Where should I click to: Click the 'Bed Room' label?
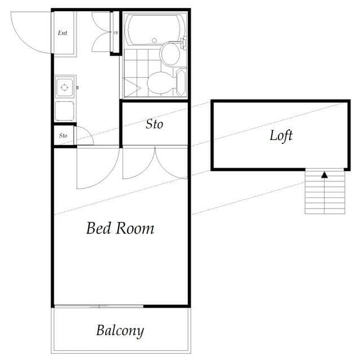120,228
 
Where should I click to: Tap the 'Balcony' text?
120,330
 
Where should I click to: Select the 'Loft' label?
281,136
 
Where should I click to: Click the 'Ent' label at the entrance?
63,33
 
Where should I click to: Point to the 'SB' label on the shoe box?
115,33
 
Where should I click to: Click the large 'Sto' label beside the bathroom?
154,124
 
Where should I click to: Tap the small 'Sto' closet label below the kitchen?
64,136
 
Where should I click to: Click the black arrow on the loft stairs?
324,175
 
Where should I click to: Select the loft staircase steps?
325,194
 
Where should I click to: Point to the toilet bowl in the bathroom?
160,83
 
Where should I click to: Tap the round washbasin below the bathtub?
169,54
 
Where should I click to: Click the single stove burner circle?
64,87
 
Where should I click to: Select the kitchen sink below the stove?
65,111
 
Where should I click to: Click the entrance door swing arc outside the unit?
31,34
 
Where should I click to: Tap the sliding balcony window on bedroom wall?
98,306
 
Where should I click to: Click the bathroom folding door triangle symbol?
133,88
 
